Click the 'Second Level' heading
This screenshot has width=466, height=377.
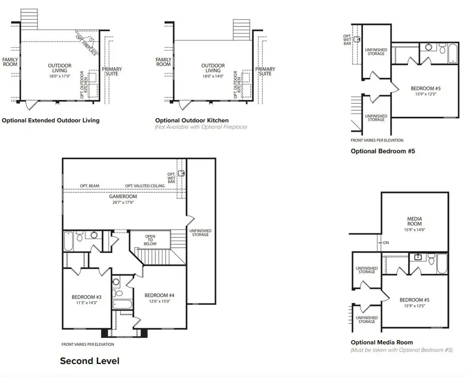coord(90,360)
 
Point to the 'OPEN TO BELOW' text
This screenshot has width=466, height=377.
coord(150,240)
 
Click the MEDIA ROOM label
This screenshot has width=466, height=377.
coord(414,221)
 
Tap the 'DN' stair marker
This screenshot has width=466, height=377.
coord(386,242)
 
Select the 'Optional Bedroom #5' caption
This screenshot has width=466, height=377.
coord(383,151)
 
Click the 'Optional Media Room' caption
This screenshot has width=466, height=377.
coord(382,342)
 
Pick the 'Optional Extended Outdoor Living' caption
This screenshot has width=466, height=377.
coord(51,120)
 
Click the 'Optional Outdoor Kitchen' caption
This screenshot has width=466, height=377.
coord(192,120)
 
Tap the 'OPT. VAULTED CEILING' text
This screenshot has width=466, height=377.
coord(144,186)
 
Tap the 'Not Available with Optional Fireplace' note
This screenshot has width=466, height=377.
coord(201,127)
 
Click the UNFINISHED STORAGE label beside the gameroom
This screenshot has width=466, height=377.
coord(200,232)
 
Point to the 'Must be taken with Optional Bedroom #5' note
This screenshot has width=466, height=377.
coord(402,350)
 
